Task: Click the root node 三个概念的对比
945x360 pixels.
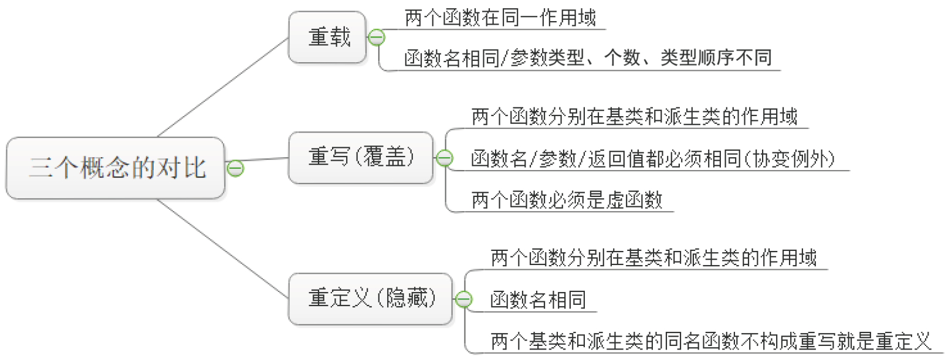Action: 116,168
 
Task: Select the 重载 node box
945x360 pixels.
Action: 327,38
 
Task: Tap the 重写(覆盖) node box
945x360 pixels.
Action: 360,158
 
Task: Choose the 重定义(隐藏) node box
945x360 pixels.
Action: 370,298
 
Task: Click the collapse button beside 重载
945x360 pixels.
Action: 377,38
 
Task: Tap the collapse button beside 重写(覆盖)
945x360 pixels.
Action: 445,158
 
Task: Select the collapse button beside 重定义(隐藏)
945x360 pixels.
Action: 463,300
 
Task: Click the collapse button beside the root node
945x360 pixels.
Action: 235,169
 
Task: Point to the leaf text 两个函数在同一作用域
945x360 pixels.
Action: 500,18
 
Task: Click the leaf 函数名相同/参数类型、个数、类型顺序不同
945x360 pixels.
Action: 587,58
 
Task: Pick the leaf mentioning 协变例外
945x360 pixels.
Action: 652,159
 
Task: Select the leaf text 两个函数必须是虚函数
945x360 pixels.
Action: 567,200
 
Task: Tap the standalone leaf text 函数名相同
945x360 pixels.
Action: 538,300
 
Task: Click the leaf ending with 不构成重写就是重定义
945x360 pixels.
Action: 710,341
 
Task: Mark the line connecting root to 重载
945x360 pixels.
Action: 223,87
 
